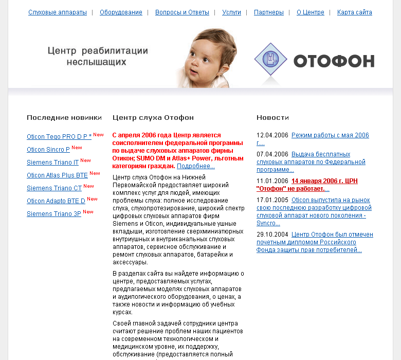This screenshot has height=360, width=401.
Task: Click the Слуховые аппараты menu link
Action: pos(58,12)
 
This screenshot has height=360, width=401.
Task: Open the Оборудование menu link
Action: pos(121,12)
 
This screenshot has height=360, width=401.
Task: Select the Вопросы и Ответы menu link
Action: pos(182,12)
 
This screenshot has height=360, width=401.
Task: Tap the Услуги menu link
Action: pos(231,12)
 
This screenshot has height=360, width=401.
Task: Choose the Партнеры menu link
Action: pos(268,12)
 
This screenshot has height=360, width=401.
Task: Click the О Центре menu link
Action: pos(310,12)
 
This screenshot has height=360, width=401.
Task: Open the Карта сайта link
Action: pos(354,12)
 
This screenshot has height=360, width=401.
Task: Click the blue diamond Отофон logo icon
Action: pos(270,61)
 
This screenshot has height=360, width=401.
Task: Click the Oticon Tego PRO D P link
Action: pos(59,137)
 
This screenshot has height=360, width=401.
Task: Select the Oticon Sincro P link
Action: pos(48,150)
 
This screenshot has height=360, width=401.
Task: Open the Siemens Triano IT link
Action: pos(52,163)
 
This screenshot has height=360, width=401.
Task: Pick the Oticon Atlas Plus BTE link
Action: pos(57,175)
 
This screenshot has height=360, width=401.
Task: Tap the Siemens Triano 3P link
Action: pos(53,214)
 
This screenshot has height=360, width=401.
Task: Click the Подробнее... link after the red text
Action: pos(195,166)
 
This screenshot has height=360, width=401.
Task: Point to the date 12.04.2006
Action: pos(272,135)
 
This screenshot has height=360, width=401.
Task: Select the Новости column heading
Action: pos(272,118)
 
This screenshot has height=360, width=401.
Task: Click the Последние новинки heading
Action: pos(64,118)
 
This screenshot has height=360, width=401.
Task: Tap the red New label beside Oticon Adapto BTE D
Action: pos(92,199)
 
